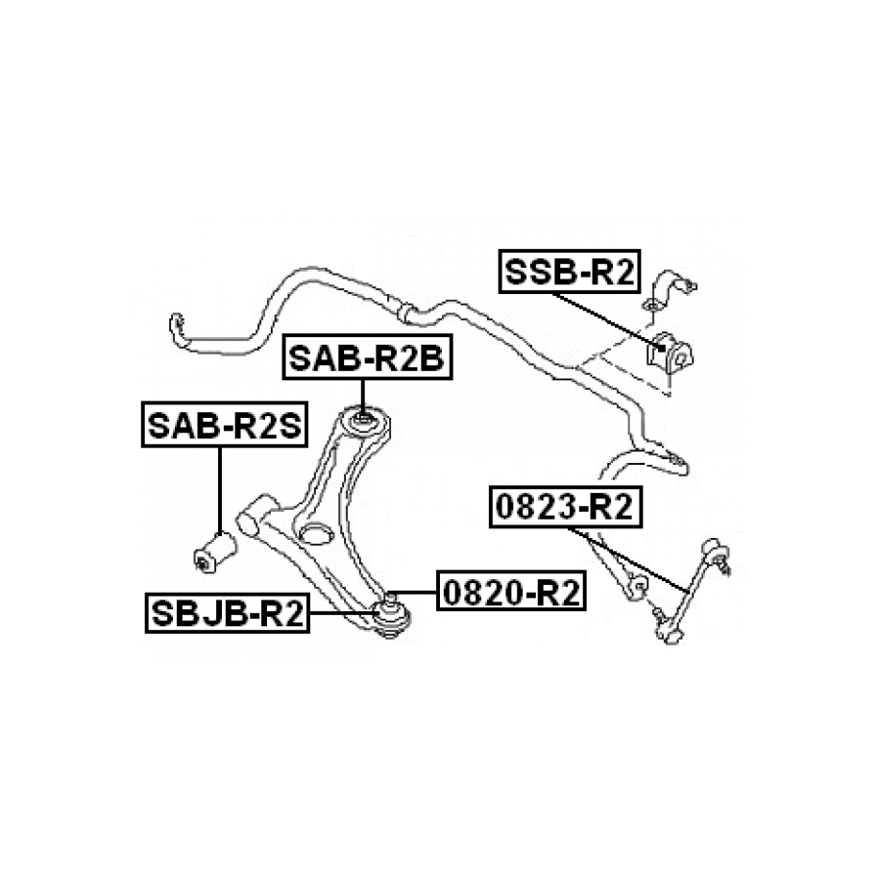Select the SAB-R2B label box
pyautogui.click(x=365, y=359)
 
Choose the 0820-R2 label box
pyautogui.click(x=510, y=593)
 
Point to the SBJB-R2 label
pyautogui.click(x=227, y=613)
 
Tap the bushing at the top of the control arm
pyautogui.click(x=364, y=421)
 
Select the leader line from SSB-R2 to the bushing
pyautogui.click(x=605, y=315)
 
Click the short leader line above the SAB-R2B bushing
pyautogui.click(x=364, y=396)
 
